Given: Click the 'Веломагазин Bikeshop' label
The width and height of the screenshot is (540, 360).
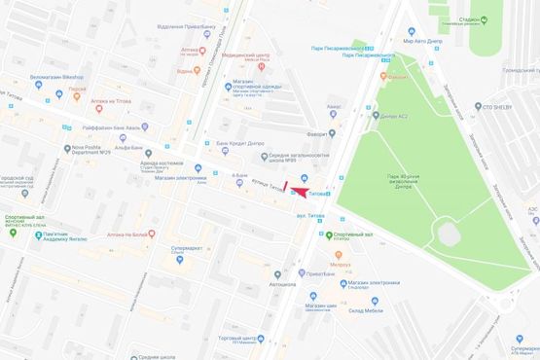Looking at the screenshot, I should coord(56,77).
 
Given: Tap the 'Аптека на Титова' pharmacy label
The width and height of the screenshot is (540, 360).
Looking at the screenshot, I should coord(111,101).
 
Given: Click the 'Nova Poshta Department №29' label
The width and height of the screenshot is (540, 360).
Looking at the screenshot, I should coord(87,151).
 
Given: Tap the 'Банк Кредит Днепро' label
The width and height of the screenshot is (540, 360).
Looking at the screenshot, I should coord(240,144).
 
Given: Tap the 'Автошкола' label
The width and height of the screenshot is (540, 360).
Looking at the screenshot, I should coord(282,285).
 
